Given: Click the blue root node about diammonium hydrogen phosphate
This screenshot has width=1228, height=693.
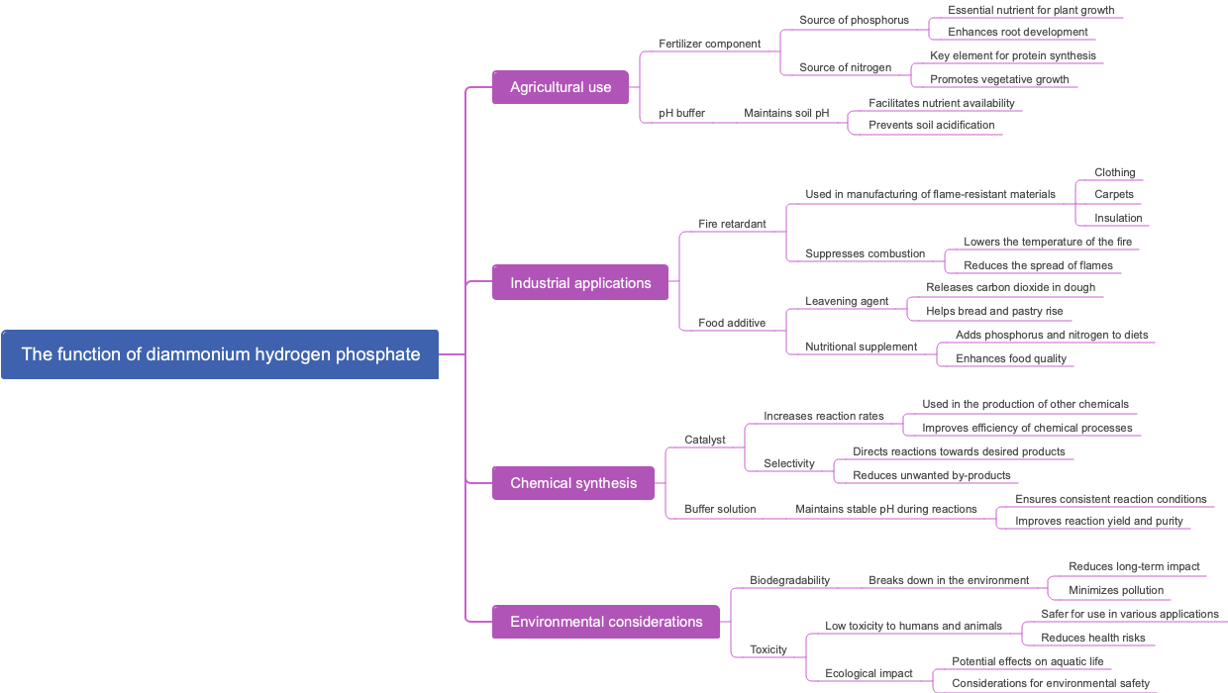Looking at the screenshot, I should click(x=220, y=354).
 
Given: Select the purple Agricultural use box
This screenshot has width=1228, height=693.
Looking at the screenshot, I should click(x=561, y=87).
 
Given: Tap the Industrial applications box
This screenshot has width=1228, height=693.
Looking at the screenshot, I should click(x=580, y=283).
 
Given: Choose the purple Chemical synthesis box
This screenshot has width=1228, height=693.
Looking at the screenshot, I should click(x=573, y=483).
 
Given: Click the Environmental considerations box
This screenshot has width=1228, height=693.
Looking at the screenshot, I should click(x=606, y=622).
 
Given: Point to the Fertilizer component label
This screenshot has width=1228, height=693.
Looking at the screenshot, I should click(x=709, y=44).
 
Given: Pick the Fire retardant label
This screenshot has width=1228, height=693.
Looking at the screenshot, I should click(x=732, y=224).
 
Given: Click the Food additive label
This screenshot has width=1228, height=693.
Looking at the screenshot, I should click(x=732, y=323).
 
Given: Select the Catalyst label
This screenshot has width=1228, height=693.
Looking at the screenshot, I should click(x=704, y=440).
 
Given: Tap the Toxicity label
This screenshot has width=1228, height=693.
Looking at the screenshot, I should click(x=767, y=649).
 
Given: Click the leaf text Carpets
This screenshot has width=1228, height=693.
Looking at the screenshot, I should click(x=1113, y=194).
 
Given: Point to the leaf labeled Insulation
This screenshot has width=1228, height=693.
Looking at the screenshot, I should click(x=1118, y=218).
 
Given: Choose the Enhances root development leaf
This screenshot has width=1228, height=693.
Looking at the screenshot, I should click(x=1017, y=32).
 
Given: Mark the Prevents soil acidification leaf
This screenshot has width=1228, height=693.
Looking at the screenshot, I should click(x=931, y=125).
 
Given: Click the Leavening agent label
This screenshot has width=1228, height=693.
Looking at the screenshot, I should click(x=847, y=301).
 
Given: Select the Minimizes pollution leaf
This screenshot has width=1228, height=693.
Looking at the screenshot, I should click(x=1116, y=590).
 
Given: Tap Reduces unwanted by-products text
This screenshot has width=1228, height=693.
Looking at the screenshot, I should click(x=931, y=475).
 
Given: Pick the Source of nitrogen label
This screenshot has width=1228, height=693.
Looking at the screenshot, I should click(x=845, y=67).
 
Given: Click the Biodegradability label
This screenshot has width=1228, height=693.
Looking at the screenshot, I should click(x=789, y=580).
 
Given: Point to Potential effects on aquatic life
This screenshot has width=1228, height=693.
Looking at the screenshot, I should click(x=1027, y=661).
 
